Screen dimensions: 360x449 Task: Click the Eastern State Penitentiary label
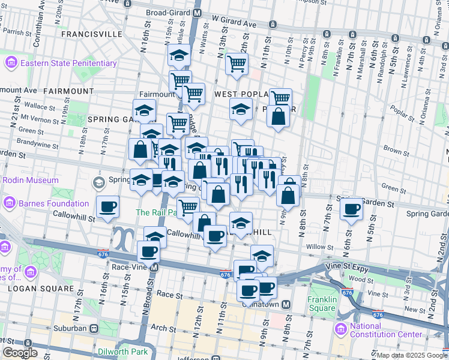(x=68, y=63)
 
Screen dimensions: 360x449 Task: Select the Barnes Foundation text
(x=45, y=203)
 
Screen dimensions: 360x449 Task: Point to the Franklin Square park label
(x=321, y=304)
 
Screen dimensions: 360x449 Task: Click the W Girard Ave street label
(x=234, y=25)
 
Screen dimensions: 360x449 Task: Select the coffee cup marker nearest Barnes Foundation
(x=107, y=208)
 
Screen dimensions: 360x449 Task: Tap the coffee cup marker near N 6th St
(x=351, y=210)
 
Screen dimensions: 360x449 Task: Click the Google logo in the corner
(x=20, y=353)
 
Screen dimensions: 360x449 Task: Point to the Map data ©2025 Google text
(x=412, y=355)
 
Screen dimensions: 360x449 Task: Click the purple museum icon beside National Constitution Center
(x=341, y=328)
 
